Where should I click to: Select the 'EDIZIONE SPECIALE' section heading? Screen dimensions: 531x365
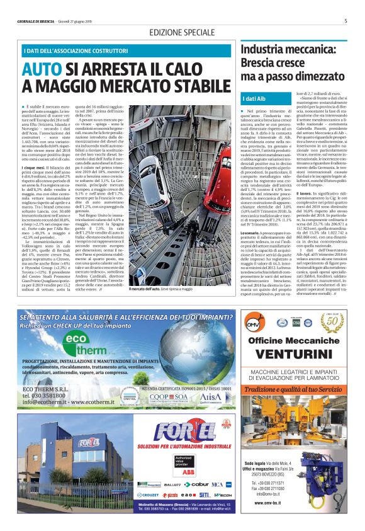pos(182,32)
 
